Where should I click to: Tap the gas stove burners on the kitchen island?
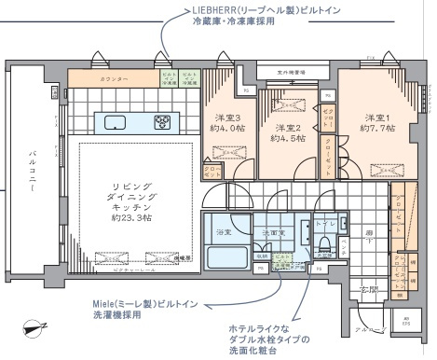tap(162, 121)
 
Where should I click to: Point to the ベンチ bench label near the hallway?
tap(344, 245)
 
